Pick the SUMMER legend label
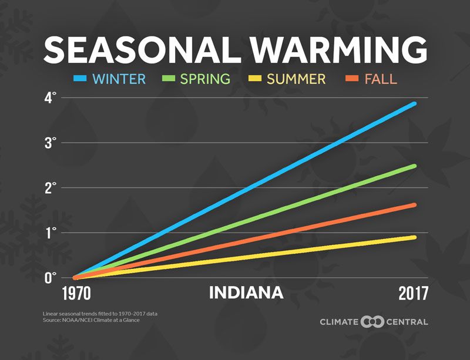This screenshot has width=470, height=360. click(296, 78)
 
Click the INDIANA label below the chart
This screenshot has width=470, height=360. click(247, 292)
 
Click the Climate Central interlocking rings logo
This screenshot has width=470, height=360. click(372, 321)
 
